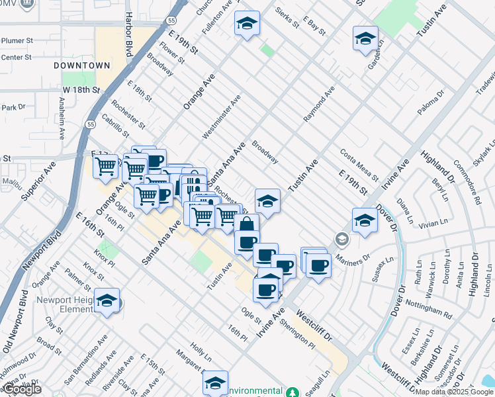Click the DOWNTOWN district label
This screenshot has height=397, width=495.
[81, 66]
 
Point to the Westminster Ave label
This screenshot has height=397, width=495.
[222, 116]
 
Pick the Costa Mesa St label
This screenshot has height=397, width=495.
[359, 165]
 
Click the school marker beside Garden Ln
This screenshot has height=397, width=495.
[365, 39]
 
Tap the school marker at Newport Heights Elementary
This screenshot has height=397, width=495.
[107, 300]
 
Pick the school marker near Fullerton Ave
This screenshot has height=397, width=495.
[247, 24]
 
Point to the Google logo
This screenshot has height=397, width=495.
[21, 389]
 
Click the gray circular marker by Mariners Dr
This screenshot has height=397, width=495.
[341, 238]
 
